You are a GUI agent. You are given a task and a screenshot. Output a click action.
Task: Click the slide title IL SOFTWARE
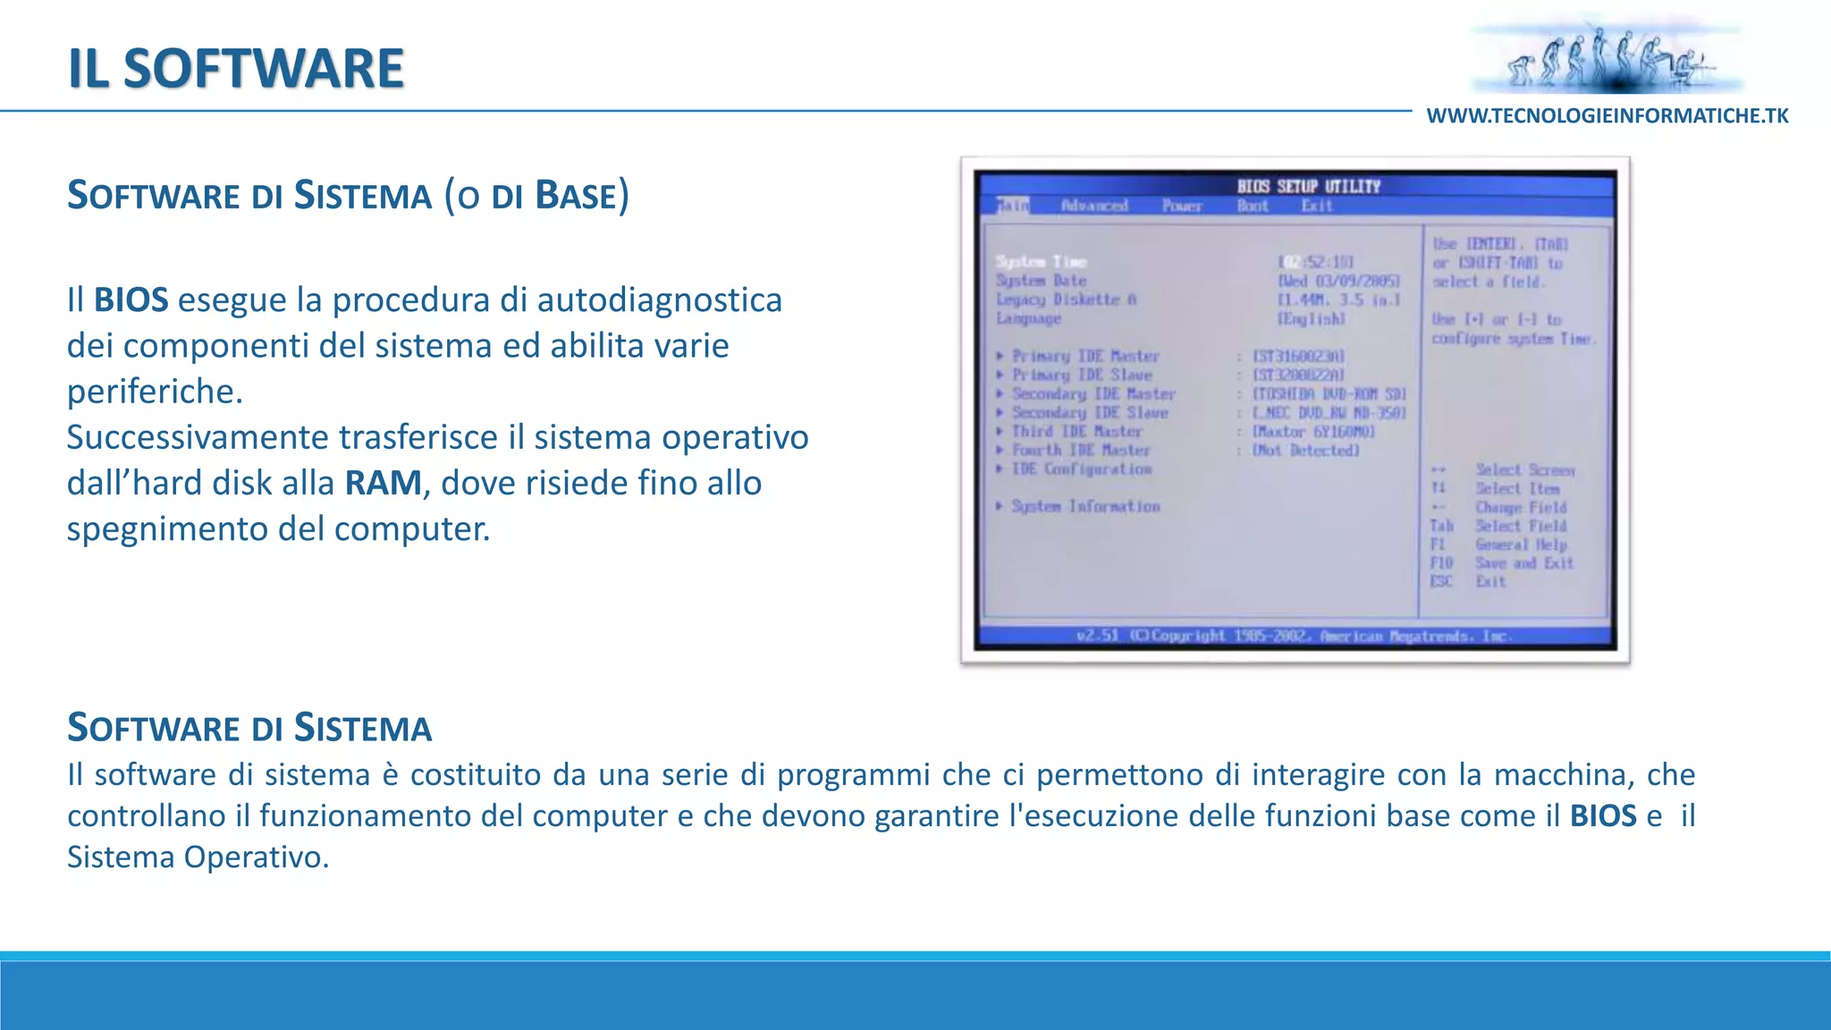coord(236,68)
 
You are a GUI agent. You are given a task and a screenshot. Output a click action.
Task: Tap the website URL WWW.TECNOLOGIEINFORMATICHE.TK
coord(1607,116)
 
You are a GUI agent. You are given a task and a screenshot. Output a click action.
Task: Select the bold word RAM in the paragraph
coord(383,483)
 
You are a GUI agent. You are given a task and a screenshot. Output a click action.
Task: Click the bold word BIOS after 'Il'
coord(131,300)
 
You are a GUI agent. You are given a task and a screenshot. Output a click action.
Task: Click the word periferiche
coord(154,392)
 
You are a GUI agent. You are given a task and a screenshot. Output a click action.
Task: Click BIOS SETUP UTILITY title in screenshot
coord(1308,186)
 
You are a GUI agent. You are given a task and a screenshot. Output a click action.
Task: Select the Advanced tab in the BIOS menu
coord(1094,206)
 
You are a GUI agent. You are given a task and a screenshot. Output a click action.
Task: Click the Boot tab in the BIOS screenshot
coord(1252,206)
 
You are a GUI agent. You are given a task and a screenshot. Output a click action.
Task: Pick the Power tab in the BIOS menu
coord(1181,206)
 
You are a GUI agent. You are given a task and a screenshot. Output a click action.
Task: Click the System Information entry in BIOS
coord(1084,506)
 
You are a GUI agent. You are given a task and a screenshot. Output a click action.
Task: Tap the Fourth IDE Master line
coord(1080,450)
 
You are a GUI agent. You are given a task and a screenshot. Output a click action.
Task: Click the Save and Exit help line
coord(1523,562)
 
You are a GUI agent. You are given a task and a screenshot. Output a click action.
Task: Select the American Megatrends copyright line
coord(1295,636)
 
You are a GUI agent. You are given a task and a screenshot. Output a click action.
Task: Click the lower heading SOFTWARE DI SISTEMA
coord(249,728)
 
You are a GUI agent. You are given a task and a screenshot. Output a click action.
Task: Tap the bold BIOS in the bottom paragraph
coord(1602,815)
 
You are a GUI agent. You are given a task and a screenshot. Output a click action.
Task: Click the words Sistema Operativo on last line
coord(197,857)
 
